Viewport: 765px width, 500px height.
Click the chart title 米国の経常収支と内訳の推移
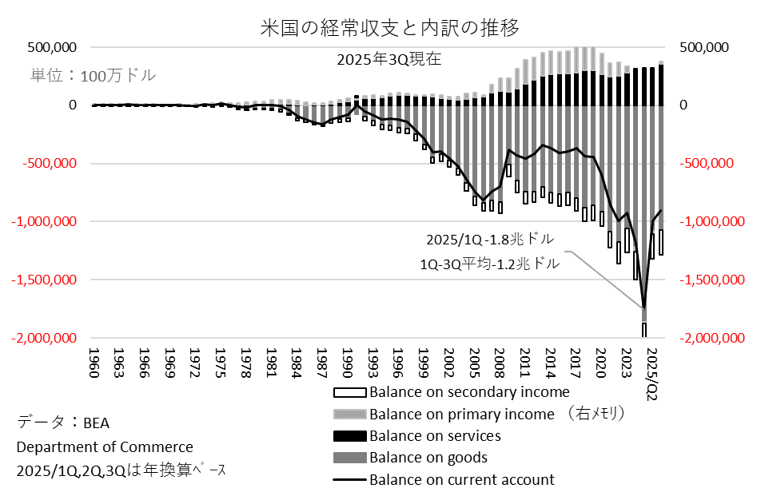click(390, 29)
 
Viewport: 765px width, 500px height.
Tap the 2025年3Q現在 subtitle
click(388, 58)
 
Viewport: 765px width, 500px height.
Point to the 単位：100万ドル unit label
click(94, 76)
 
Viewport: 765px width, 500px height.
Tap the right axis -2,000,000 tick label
click(712, 338)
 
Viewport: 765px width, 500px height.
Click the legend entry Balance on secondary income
click(468, 392)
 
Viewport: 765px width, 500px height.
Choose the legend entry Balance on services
click(434, 436)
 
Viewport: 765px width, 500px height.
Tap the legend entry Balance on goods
click(428, 458)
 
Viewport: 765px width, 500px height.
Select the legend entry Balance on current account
click(461, 479)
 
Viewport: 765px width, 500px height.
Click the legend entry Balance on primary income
click(461, 414)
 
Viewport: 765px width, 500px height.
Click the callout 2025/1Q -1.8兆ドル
click(490, 240)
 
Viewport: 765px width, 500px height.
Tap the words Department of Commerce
click(104, 446)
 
